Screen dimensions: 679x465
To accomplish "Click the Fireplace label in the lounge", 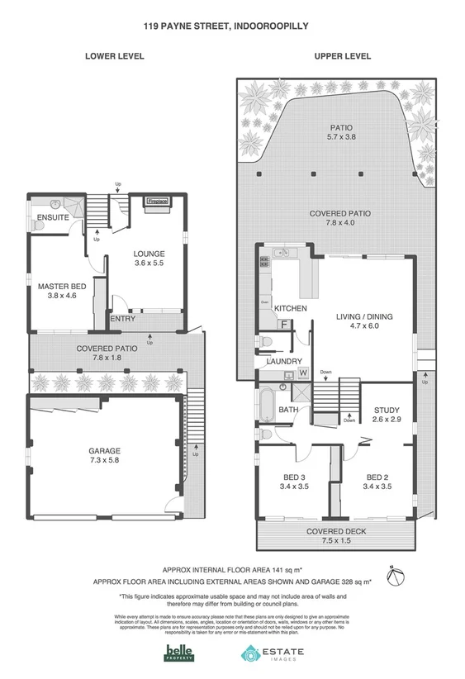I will tap(157, 201).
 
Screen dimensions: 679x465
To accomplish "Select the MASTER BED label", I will tap(56, 287).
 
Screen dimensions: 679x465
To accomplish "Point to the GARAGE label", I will tap(104, 451).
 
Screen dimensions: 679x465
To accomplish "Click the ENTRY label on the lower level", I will tap(122, 319).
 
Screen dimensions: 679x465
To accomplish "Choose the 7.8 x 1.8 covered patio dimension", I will tap(107, 358).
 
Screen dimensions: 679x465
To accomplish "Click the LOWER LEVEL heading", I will tap(115, 56).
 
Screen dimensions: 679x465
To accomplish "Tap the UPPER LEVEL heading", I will tap(342, 56).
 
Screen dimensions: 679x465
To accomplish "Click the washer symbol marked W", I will tap(302, 373).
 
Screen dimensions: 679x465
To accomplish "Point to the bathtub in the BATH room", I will tap(268, 406).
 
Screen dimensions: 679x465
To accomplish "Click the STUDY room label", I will tap(387, 410).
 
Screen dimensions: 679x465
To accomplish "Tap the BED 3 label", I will tap(295, 477).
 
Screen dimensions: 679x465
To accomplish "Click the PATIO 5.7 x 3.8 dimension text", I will tap(341, 137).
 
